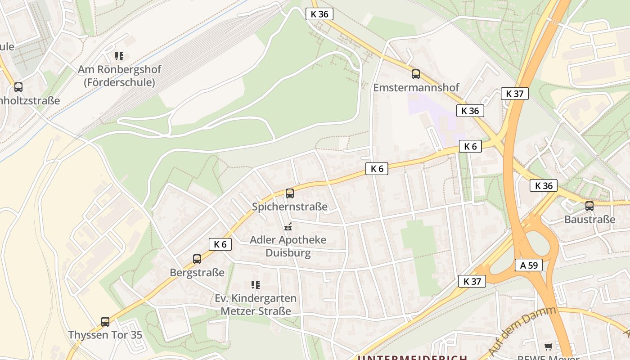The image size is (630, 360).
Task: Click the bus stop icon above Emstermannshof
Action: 416,74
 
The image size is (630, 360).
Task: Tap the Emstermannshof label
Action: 416,87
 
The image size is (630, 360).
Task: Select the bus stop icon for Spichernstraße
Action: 290,193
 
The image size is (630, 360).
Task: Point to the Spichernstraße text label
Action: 290,207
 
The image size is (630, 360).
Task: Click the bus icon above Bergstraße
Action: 197,259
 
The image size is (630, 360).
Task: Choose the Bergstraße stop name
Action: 197,273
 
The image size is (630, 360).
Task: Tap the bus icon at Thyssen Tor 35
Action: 105,321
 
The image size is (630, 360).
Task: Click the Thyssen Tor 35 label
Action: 105,335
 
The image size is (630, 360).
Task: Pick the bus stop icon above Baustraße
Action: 589,206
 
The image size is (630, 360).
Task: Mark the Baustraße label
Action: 589,220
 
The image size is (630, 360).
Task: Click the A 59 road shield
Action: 529,265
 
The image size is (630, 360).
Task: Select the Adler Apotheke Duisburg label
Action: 288,246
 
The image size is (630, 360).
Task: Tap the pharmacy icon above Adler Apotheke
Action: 288,227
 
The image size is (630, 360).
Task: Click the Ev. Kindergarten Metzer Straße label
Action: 256,305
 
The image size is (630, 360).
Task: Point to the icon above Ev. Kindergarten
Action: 256,284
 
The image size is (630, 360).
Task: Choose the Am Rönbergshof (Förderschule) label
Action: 119,76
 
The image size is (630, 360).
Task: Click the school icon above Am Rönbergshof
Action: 119,56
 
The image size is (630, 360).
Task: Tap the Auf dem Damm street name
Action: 522,330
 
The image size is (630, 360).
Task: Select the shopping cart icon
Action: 548,346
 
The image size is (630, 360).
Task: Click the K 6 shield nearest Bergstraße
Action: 220,244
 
